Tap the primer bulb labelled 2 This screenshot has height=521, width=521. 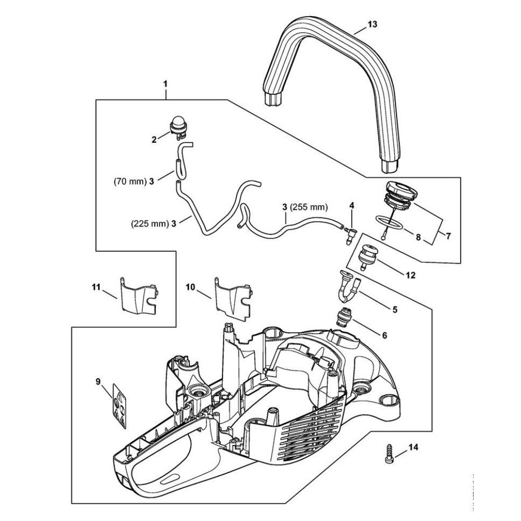[x=178, y=128]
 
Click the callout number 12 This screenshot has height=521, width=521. [x=412, y=275]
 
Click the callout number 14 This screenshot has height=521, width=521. [x=413, y=446]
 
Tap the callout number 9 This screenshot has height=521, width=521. [x=98, y=382]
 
